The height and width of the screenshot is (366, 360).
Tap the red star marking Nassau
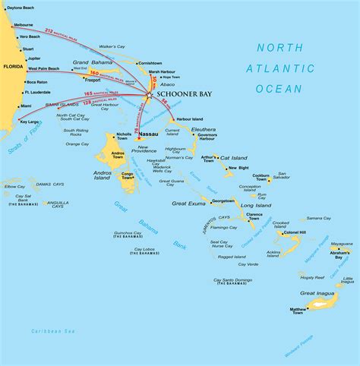click(137, 138)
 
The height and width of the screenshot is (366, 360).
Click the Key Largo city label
click(30, 121)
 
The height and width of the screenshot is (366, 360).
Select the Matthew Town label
click(298, 312)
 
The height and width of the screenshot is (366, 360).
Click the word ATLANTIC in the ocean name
click(279, 68)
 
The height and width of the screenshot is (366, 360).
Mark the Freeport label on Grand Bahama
click(93, 79)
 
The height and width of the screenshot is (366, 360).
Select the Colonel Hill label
click(295, 232)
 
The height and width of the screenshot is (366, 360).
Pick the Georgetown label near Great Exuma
click(223, 201)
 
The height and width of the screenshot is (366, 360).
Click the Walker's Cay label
click(112, 47)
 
